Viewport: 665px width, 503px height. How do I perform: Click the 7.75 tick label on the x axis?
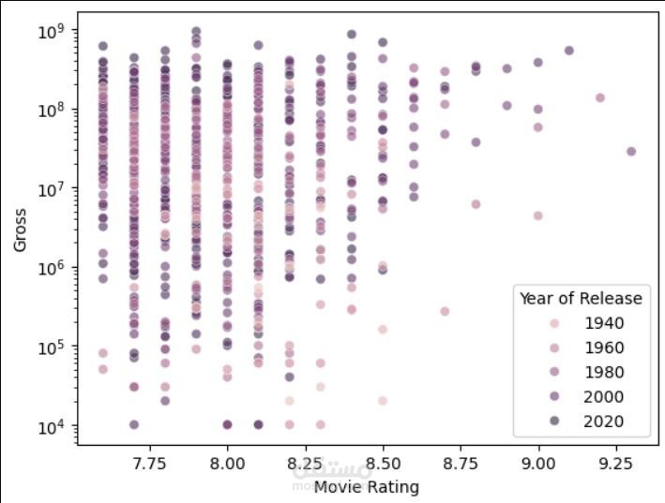click(x=150, y=464)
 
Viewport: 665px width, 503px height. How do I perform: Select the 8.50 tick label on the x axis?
click(x=383, y=464)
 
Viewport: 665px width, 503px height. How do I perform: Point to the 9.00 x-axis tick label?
click(x=537, y=464)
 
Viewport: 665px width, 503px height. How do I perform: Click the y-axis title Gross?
click(x=20, y=229)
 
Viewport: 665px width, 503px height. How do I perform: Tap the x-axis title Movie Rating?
click(x=367, y=487)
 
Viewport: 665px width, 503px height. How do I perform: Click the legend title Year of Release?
click(x=581, y=299)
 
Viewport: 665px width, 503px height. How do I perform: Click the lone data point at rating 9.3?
click(x=631, y=151)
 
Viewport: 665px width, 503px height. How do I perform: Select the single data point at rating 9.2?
click(x=600, y=97)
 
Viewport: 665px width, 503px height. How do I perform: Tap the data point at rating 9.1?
click(x=568, y=51)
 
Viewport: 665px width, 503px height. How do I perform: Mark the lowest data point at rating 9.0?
click(x=538, y=215)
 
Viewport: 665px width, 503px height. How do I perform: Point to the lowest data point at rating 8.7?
click(x=445, y=311)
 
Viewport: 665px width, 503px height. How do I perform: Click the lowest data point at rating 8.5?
click(x=383, y=400)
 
